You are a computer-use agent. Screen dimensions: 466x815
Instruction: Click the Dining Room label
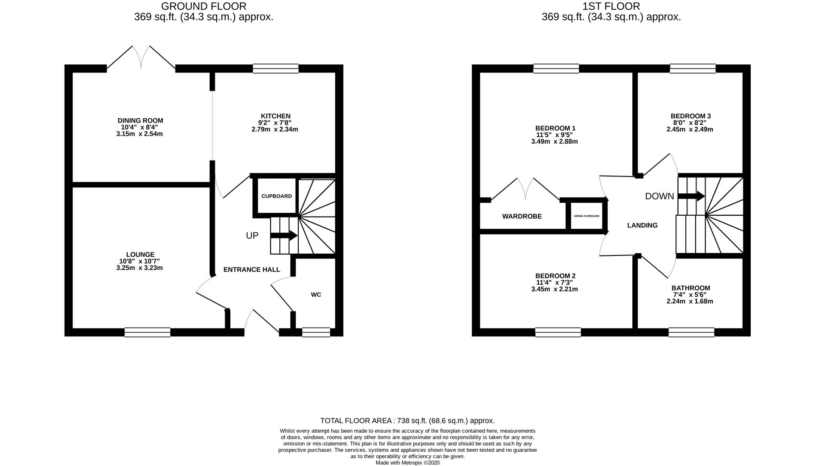(140, 121)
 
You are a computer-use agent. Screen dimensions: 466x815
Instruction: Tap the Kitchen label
(275, 116)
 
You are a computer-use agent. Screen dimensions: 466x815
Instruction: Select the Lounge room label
(140, 255)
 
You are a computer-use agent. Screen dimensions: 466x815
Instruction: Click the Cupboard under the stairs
(276, 196)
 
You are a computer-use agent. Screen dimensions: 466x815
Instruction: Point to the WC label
(316, 295)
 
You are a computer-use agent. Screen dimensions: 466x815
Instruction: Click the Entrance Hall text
(252, 270)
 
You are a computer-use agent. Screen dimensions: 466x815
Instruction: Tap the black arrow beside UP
(284, 236)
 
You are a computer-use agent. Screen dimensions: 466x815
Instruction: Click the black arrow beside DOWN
(691, 196)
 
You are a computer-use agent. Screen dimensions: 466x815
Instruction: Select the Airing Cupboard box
(586, 216)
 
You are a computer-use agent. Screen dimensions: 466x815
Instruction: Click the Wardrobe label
(522, 217)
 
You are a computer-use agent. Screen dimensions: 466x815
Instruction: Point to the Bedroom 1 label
(555, 128)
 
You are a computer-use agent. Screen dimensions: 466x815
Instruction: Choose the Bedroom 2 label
(555, 276)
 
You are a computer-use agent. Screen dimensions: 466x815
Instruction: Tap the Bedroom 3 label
(690, 116)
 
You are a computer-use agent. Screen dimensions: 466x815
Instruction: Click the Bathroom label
(690, 288)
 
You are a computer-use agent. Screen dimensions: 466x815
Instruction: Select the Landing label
(642, 225)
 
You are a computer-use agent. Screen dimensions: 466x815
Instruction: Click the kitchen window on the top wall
(275, 69)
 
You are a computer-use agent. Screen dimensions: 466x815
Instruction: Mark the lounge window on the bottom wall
(147, 332)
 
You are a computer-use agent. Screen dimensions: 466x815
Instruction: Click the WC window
(316, 332)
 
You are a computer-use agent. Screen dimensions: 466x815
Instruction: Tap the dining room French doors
(141, 58)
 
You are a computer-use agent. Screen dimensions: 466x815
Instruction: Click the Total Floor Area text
(407, 421)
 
